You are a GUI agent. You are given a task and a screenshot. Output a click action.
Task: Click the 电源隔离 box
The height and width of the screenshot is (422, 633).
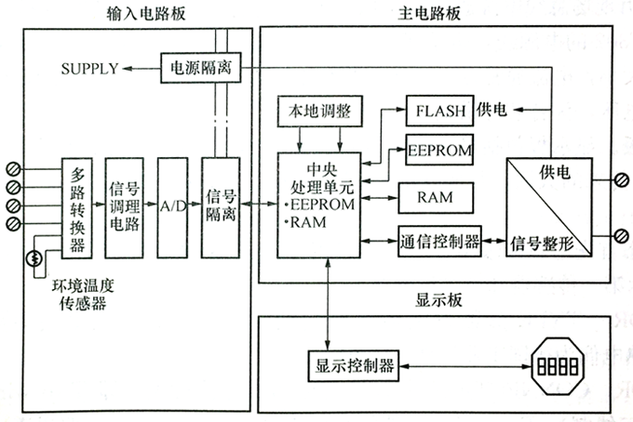coord(196,68)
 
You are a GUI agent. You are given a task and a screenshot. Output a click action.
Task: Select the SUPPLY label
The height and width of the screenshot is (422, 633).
coord(89,69)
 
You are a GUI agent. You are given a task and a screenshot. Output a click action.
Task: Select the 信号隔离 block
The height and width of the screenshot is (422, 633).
coord(221,207)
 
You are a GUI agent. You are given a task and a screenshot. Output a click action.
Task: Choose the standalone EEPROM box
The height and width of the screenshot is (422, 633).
coord(440,149)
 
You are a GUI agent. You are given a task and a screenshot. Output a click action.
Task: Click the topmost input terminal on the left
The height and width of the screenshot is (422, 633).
coord(13,169)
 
